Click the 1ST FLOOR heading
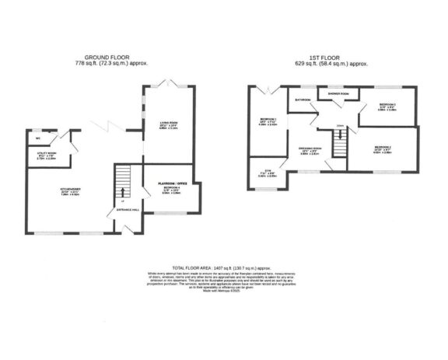[x=327, y=57]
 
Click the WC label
[x=38, y=138]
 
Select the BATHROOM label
[x=303, y=100]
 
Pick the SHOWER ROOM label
[x=338, y=94]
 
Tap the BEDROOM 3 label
[x=388, y=105]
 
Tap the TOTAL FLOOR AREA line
[x=224, y=267]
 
